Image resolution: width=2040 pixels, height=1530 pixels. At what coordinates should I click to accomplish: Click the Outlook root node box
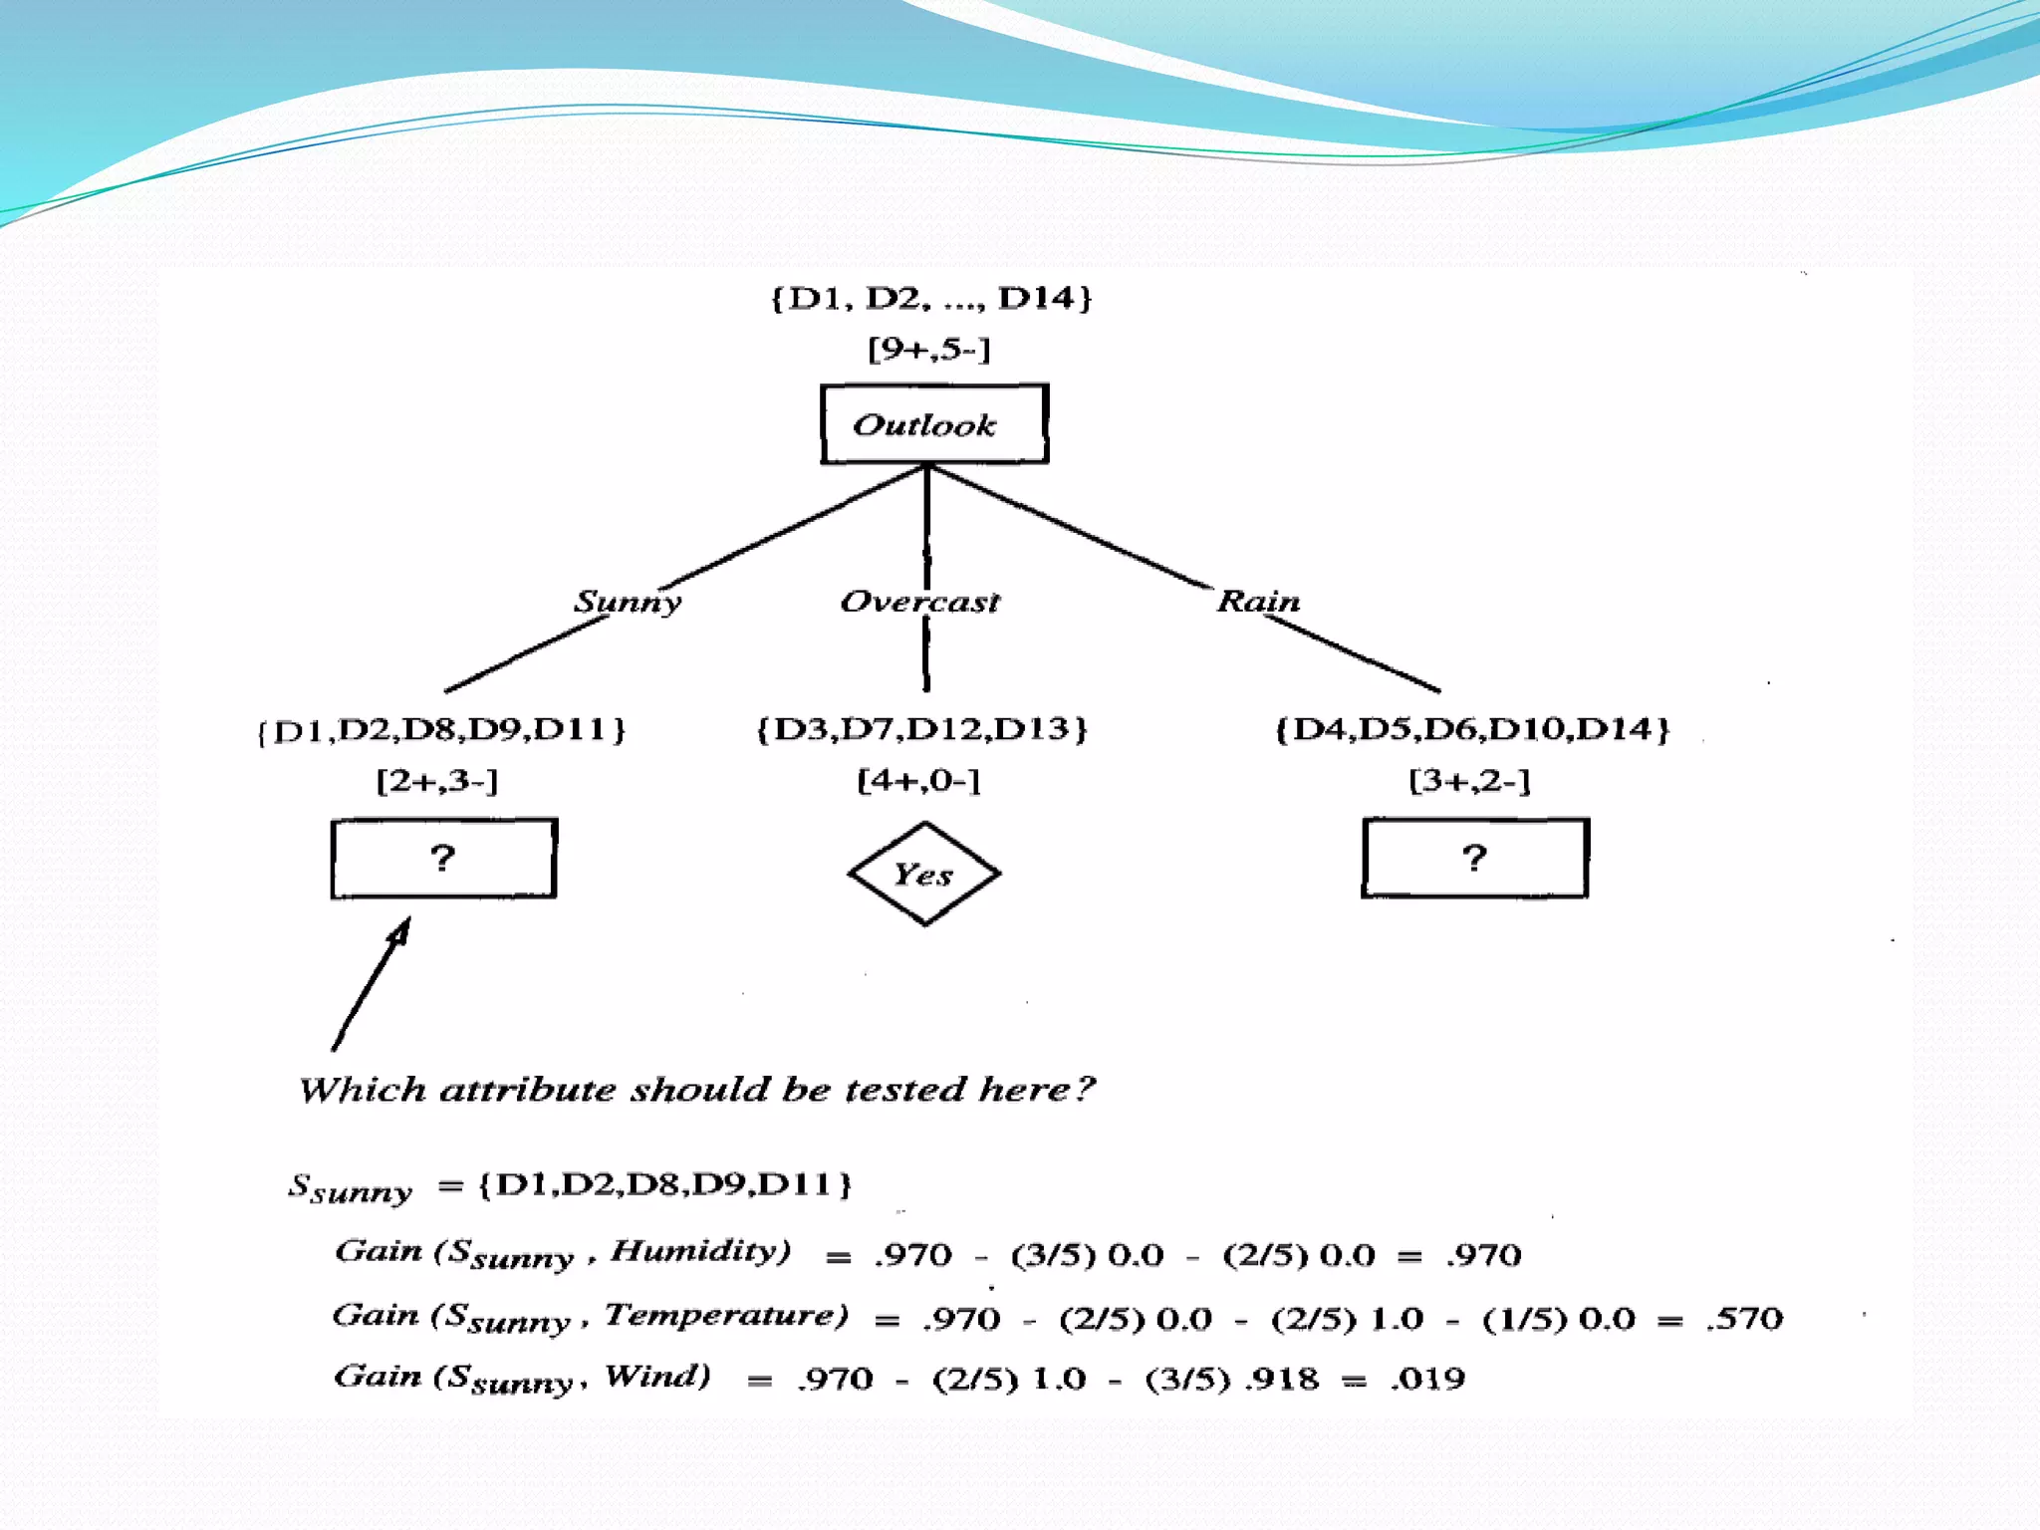(x=933, y=424)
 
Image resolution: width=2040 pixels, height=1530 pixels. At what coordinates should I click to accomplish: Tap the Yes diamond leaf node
(x=923, y=874)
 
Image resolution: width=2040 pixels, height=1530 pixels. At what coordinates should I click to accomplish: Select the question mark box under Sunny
(x=443, y=858)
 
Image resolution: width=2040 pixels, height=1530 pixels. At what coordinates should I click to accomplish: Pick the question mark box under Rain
(x=1474, y=858)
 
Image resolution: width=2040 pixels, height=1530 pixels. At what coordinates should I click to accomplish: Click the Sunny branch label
(x=628, y=602)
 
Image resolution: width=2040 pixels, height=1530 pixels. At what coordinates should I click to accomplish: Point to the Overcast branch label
(x=919, y=602)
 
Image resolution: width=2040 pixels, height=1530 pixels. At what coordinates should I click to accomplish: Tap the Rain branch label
(x=1258, y=601)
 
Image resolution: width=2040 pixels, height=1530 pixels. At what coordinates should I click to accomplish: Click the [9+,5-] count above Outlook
(x=928, y=349)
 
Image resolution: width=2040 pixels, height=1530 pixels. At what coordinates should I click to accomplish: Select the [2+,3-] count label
(x=436, y=780)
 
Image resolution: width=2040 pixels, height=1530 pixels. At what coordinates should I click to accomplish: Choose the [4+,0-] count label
(x=918, y=780)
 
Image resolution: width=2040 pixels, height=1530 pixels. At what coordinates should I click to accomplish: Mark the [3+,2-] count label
(x=1469, y=780)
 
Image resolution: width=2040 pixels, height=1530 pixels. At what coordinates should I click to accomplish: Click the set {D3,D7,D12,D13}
(x=921, y=728)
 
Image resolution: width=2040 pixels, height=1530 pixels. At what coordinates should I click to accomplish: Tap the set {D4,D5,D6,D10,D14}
(x=1472, y=728)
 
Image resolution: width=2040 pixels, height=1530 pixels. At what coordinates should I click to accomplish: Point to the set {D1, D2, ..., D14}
(x=931, y=297)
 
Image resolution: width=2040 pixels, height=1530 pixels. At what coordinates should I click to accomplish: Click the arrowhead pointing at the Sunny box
(x=400, y=931)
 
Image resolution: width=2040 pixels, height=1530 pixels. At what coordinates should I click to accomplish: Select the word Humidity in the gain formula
(x=700, y=1250)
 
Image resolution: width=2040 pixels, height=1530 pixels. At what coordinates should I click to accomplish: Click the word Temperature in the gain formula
(x=726, y=1315)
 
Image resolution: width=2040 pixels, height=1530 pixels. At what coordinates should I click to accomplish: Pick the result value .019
(x=1427, y=1379)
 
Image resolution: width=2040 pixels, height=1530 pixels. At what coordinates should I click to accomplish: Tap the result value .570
(x=1744, y=1319)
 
